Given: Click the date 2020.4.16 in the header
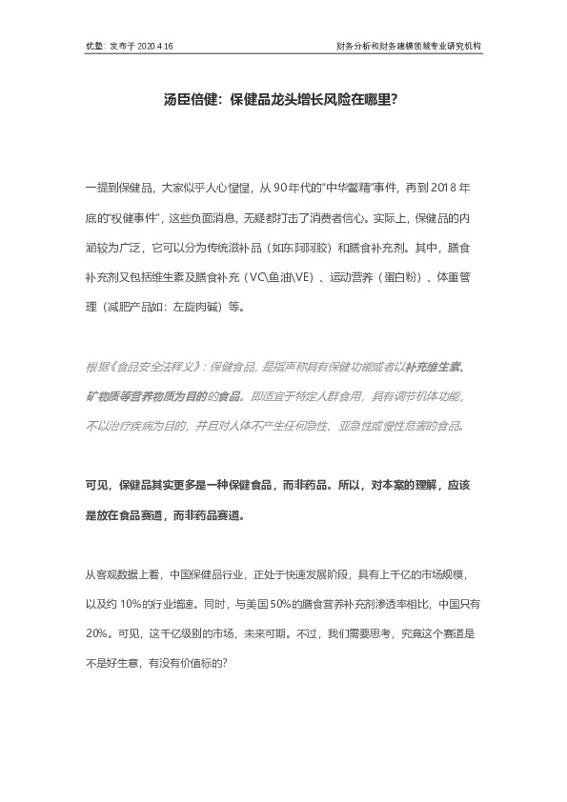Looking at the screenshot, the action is [x=155, y=45].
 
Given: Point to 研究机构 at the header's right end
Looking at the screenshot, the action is [x=462, y=45].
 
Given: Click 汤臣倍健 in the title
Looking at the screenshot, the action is [x=181, y=98].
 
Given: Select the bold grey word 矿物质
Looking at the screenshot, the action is [x=102, y=393].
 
